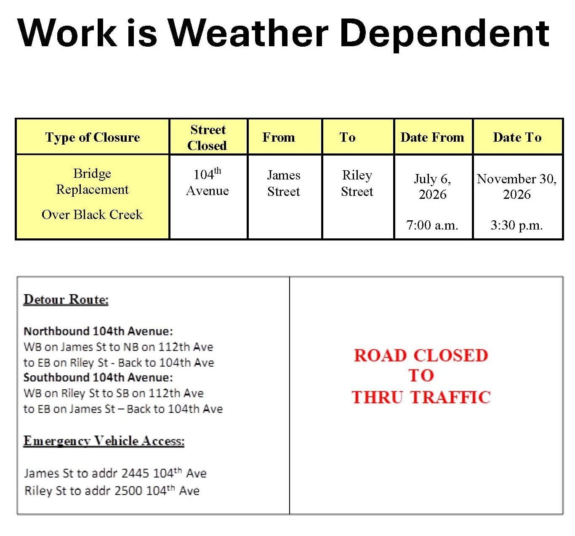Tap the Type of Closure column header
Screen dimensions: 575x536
point(92,137)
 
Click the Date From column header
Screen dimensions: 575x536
point(432,137)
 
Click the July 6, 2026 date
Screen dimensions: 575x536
point(433,187)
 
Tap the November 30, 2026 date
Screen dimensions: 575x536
point(517,187)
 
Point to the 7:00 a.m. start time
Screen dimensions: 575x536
point(432,225)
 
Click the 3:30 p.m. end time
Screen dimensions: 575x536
point(517,225)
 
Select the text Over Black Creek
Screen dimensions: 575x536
point(92,215)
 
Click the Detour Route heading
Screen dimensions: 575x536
point(66,299)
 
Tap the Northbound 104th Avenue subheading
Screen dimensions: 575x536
point(98,331)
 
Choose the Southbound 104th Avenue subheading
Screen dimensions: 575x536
point(98,378)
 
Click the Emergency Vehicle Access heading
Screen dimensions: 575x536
point(104,441)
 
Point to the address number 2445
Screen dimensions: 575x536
point(136,473)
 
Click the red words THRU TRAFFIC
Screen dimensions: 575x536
point(421,397)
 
